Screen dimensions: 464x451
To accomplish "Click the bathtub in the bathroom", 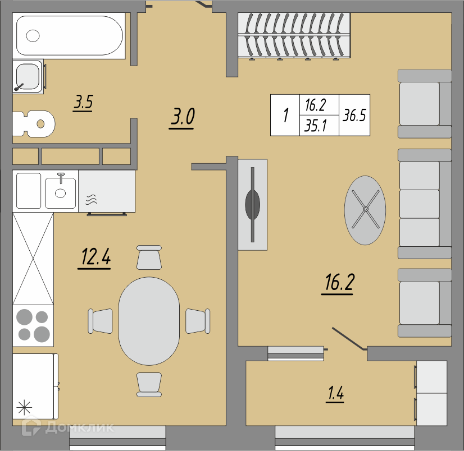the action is coord(69,36).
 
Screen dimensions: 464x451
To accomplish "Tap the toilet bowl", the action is coord(34,124).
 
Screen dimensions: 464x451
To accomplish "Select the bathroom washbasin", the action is coord(28,76).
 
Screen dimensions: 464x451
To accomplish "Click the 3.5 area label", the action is coord(83,103).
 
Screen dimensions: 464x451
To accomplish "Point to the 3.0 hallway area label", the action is coord(182,117).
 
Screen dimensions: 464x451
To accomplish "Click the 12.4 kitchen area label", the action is coord(95,257).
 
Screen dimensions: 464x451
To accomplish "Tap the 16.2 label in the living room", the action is coord(338,283).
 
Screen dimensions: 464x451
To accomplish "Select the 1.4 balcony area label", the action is coord(335,394).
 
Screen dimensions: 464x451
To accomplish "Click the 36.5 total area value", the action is coord(354,115).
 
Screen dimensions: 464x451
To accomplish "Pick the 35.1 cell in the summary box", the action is coord(316,126).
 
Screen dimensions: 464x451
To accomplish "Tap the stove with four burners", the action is coord(33,326).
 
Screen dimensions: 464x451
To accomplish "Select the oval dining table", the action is coord(149,321).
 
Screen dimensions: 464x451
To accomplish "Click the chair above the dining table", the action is coord(149,257).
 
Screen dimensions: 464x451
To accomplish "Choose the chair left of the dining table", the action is coord(101,321).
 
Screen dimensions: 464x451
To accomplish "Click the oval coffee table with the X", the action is coord(365,210).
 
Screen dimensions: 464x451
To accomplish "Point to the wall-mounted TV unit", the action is coord(253,205).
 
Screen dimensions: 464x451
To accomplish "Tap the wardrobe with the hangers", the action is coord(294,35).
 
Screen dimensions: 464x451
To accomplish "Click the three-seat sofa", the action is coord(425,204).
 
